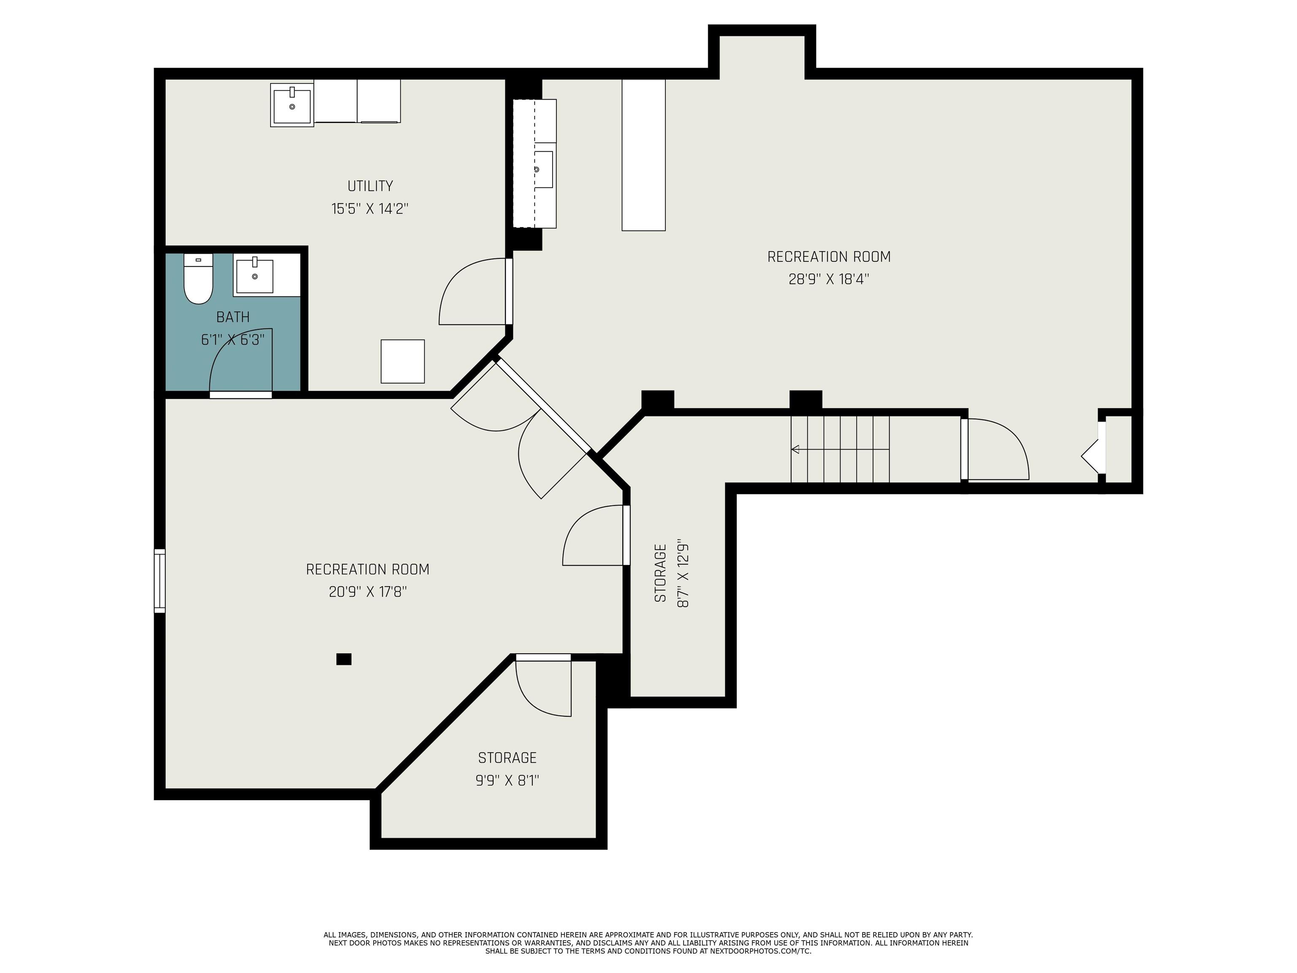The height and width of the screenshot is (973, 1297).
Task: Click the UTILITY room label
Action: [x=370, y=186]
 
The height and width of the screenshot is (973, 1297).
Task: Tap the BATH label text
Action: [x=233, y=317]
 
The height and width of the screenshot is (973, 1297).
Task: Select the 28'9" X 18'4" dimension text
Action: [x=828, y=279]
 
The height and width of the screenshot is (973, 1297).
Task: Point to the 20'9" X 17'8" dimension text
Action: [x=368, y=592]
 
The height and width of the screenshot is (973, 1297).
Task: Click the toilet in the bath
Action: [x=198, y=279]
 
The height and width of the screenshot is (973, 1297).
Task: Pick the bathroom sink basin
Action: [x=255, y=276]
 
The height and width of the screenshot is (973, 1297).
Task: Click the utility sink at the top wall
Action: [x=292, y=105]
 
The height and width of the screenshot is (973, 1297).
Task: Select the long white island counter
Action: [x=643, y=155]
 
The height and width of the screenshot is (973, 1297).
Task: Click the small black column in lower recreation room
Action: [x=344, y=659]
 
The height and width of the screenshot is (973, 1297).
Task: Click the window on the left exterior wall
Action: [x=160, y=581]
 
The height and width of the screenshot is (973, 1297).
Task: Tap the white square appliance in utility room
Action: [x=403, y=361]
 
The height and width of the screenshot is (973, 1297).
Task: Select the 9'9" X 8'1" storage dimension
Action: [x=507, y=780]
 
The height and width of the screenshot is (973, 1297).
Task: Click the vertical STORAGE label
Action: [x=661, y=573]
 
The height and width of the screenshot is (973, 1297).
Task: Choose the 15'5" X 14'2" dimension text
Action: [x=370, y=209]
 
